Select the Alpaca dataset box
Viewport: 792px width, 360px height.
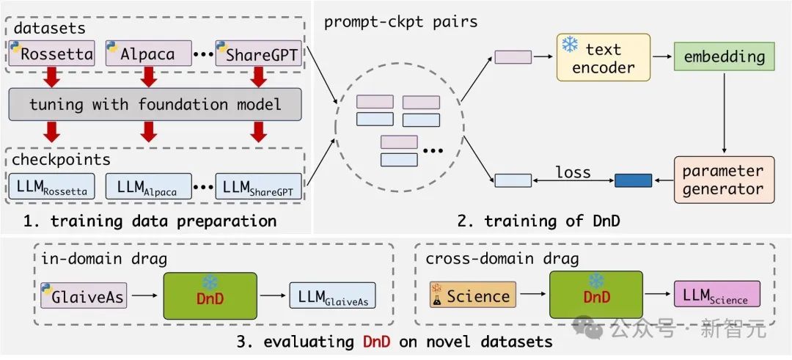[148, 54]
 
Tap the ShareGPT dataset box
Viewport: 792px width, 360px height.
[257, 54]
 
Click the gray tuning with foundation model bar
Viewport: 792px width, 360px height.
[155, 104]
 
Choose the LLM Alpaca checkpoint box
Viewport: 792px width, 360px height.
[148, 188]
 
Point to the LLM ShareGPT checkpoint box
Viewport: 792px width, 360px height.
[257, 188]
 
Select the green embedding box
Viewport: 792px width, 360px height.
[719, 56]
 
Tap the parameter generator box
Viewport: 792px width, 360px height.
[723, 180]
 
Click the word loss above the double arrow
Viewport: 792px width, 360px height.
[573, 173]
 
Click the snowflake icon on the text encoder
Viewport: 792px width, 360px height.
[569, 44]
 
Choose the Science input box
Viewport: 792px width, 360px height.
[472, 295]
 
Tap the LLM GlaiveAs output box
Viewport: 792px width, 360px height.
[332, 295]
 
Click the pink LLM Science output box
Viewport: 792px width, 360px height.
[716, 295]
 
